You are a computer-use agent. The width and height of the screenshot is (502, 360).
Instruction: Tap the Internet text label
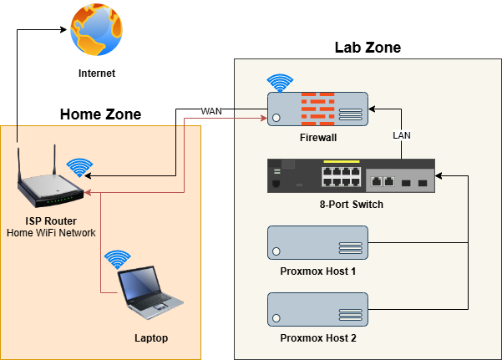tap(96, 74)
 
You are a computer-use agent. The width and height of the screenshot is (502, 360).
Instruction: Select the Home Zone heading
tap(100, 114)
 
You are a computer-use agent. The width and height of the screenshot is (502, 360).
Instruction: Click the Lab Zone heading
tap(368, 48)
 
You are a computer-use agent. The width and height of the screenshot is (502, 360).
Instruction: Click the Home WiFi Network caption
tap(51, 233)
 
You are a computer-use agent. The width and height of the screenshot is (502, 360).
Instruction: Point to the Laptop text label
tap(151, 338)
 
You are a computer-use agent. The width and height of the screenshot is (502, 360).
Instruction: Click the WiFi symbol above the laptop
tap(118, 256)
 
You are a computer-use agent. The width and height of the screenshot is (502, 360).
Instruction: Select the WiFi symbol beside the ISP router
tap(79, 166)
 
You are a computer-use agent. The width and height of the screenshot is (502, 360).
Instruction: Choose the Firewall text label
tap(317, 137)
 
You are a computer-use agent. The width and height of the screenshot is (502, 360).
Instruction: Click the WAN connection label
tap(211, 111)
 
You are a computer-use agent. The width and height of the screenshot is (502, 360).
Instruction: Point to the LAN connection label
tap(403, 134)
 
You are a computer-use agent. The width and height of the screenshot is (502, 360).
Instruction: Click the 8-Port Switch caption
tap(351, 205)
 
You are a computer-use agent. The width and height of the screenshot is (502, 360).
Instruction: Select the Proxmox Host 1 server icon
tap(317, 242)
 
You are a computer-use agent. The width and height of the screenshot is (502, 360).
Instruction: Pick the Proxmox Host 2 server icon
tap(317, 308)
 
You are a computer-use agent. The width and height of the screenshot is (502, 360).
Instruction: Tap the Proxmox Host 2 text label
tap(317, 338)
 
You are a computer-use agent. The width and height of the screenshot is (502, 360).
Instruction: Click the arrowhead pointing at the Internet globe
tap(63, 30)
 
